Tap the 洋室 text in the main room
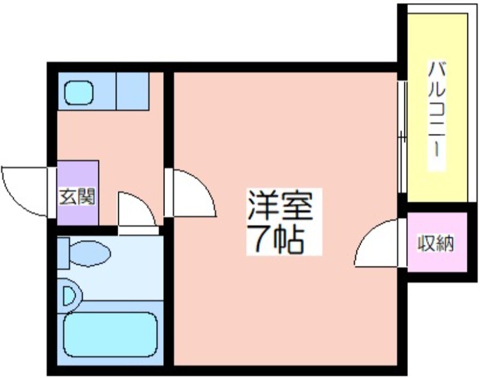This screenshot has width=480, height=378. (x=280, y=205)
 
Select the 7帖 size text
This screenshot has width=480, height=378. (x=275, y=239)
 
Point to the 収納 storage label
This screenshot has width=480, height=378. (x=436, y=244)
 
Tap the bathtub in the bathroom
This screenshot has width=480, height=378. (x=110, y=335)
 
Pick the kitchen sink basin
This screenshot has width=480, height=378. (x=79, y=92)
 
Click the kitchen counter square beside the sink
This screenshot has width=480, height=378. (x=133, y=91)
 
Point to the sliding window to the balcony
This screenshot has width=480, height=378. (x=402, y=137)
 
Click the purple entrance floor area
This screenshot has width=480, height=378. (x=78, y=193)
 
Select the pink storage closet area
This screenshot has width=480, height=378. (x=437, y=242)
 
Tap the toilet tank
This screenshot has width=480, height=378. (x=64, y=253)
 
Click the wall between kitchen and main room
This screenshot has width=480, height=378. (x=169, y=119)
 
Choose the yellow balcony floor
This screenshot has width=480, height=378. (x=437, y=108)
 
